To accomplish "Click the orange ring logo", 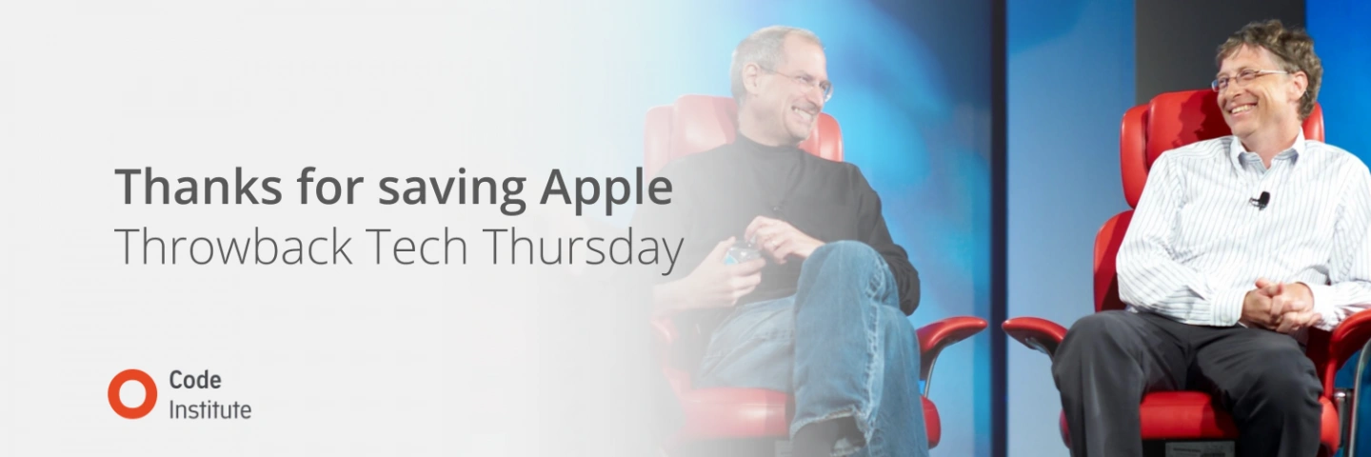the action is [x=132, y=393].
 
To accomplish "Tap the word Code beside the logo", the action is [x=195, y=380].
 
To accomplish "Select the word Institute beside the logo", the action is [x=209, y=409].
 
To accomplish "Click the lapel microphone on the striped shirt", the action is [x=1262, y=199].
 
